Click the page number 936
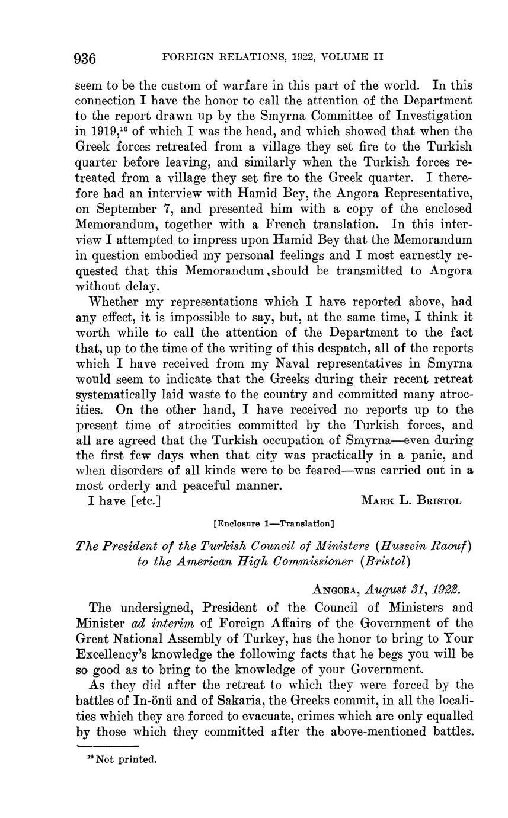85,58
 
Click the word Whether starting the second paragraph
114,302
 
